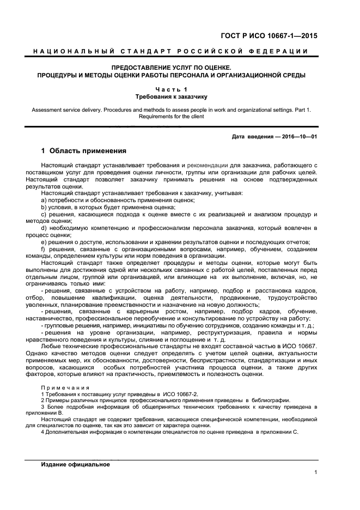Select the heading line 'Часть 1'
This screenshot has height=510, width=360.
171,88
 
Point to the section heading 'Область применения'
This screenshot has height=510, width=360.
88,151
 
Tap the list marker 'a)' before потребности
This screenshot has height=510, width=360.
44,200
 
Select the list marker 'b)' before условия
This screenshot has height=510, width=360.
44,207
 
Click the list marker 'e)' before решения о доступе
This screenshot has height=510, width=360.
44,242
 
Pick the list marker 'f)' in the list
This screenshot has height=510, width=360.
44,249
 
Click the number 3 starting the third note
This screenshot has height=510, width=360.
42,406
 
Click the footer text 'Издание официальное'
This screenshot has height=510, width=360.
76,464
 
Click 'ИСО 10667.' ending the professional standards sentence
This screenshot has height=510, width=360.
300,346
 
